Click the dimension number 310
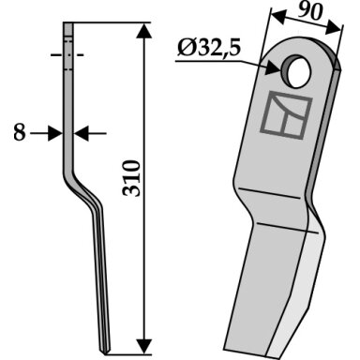(132, 178)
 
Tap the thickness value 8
(20, 132)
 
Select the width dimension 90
(309, 12)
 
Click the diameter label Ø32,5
(209, 49)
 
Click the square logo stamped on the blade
(286, 115)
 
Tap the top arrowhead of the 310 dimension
(144, 31)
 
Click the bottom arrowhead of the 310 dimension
(144, 346)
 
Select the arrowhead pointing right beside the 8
(55, 133)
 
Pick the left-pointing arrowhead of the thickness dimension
(82, 133)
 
